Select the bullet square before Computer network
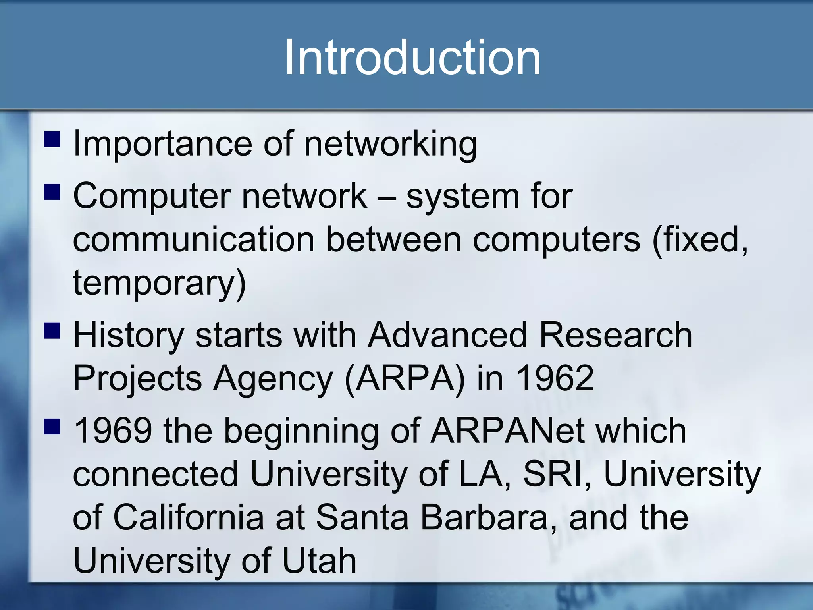[52, 192]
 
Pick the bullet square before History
[52, 331]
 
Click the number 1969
[113, 431]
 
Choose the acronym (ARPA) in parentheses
[405, 378]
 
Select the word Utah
[319, 561]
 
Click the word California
[189, 517]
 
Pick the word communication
[194, 239]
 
